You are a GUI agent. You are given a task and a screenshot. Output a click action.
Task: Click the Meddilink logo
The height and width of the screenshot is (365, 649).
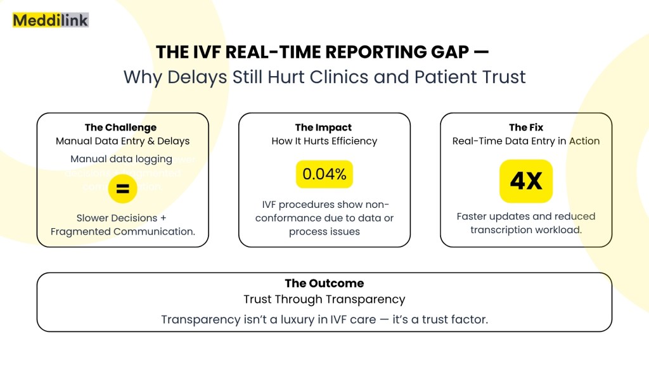tap(51, 20)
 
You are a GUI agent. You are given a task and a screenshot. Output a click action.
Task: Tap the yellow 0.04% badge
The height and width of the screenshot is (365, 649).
tap(324, 174)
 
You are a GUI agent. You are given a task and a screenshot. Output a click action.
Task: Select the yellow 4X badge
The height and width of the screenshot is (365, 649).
tap(526, 181)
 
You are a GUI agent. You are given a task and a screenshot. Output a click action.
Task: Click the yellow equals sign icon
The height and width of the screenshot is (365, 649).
tap(122, 189)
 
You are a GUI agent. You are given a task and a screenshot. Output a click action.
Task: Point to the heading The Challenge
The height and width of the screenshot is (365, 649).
tap(120, 127)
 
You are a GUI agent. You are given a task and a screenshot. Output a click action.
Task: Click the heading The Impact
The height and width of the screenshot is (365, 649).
tap(323, 127)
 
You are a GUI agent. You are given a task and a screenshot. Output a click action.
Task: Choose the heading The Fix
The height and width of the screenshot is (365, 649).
tap(526, 127)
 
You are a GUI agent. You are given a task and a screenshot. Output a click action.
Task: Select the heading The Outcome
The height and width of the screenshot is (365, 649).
tap(324, 283)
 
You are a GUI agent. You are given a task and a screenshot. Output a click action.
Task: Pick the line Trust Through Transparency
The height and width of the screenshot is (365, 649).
tap(324, 299)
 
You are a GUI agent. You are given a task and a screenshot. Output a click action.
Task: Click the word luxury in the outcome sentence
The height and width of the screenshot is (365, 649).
tap(302, 319)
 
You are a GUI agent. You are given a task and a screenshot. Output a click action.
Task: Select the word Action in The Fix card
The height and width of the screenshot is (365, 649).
tap(584, 141)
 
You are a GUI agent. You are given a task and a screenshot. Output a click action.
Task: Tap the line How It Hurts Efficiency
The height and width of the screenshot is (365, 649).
tap(324, 141)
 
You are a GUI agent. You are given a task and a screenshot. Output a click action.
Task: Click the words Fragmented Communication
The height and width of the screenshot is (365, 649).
tap(122, 231)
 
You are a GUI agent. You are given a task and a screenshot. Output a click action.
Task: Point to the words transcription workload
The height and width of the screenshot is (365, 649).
tap(526, 229)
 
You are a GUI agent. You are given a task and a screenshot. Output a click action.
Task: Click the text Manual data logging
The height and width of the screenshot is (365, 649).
tap(121, 159)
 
